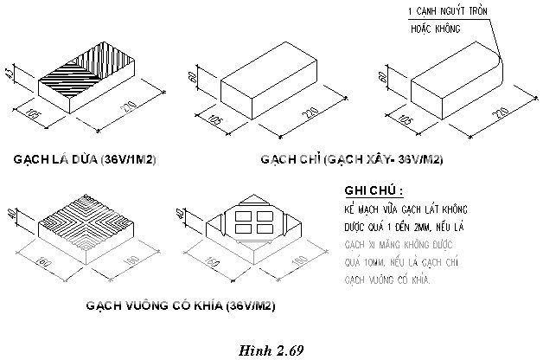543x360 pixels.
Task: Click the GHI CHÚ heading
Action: [374, 191]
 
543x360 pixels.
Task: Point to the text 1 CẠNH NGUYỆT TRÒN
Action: [448, 11]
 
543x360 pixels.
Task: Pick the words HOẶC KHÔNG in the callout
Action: [435, 29]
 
